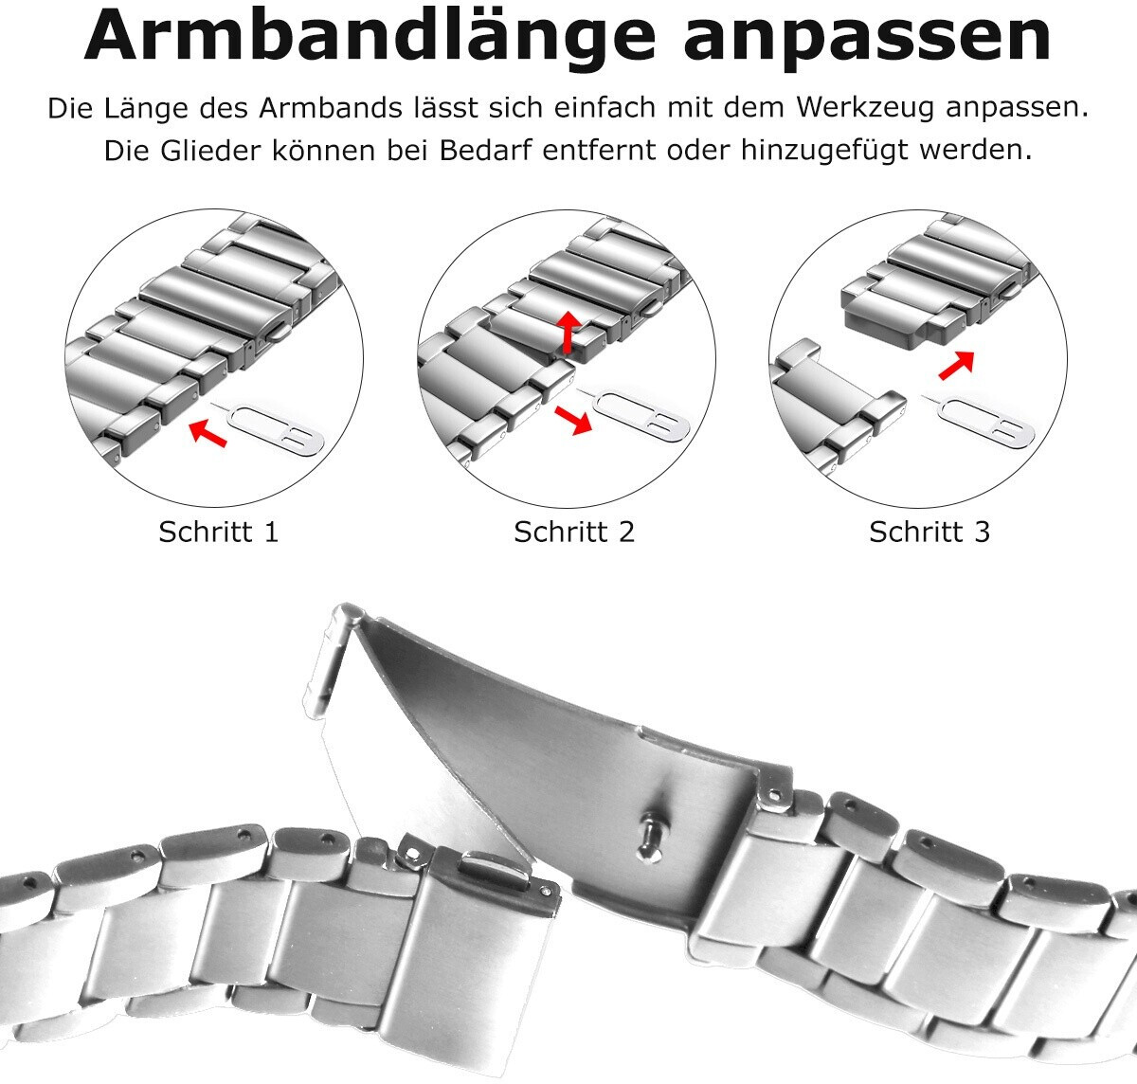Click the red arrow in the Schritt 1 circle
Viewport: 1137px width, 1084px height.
(208, 433)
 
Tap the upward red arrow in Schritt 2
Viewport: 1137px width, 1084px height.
(569, 332)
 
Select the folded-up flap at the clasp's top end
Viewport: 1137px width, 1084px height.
(334, 659)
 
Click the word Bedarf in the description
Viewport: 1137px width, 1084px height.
(484, 151)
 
